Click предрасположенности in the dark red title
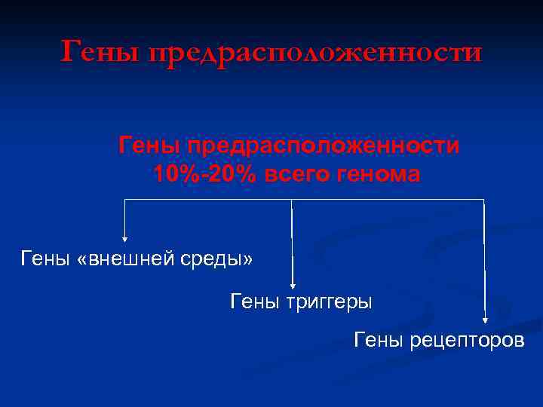[x=314, y=53]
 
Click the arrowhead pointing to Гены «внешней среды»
[x=124, y=234]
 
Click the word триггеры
[x=330, y=302]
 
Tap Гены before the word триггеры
[x=255, y=302]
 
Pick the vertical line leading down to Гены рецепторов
[x=483, y=256]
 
